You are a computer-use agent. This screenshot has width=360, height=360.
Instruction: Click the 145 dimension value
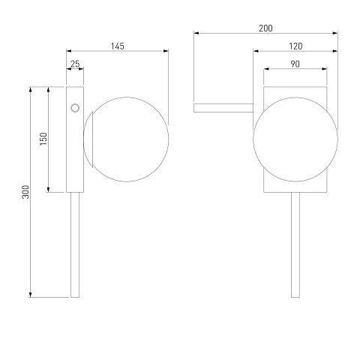click(x=118, y=46)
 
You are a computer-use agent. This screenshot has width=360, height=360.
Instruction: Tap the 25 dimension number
click(x=75, y=64)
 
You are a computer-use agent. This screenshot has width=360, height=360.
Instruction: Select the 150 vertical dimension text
click(x=43, y=139)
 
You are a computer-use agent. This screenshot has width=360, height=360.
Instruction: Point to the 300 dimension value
click(x=25, y=192)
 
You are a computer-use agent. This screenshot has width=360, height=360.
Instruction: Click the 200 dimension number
click(x=265, y=28)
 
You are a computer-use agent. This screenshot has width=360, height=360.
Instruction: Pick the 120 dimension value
click(x=295, y=46)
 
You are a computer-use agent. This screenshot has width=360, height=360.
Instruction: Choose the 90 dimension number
click(x=295, y=64)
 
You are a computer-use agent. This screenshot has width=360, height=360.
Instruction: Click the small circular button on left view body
click(x=75, y=108)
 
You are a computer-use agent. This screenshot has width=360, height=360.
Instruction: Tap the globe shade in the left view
click(x=126, y=139)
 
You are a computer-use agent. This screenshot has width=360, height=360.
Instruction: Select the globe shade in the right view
click(x=295, y=139)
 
